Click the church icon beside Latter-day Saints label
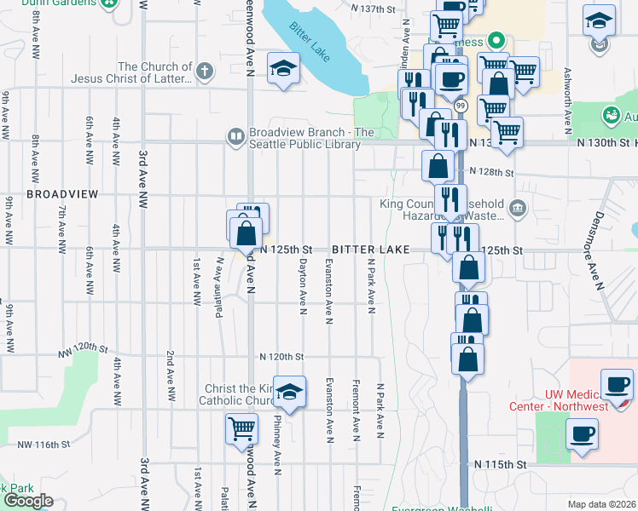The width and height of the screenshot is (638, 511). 205,71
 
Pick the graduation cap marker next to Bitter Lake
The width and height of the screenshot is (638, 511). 282,69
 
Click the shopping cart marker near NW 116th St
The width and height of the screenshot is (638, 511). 242,428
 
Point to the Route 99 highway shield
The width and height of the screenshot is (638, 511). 461,105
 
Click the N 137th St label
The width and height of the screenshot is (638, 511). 374,9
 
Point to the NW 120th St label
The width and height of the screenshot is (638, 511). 86,349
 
